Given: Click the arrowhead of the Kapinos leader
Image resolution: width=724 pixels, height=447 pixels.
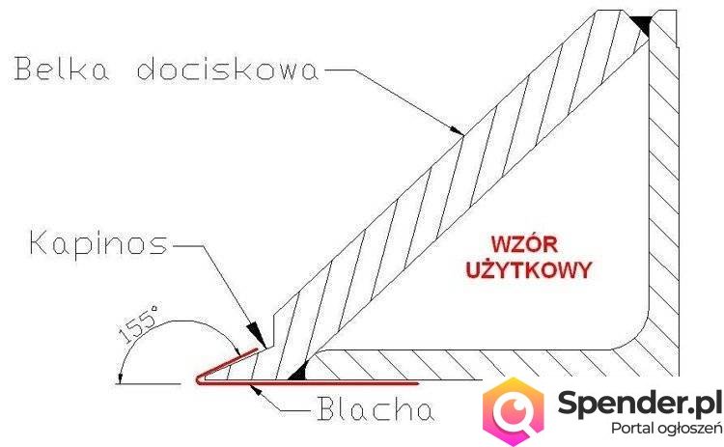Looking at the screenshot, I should pos(254,331).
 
